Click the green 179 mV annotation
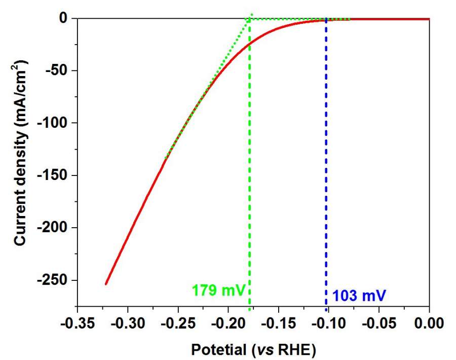pos(219,291)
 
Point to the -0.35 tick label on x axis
pos(77,322)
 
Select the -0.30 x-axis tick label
pos(127,322)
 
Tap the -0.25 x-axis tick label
pos(177,322)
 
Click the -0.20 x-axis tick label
pos(228,322)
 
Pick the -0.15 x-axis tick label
pos(278,322)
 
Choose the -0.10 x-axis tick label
pos(328,322)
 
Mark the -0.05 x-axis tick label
pos(379,322)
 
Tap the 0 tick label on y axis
pos(63,19)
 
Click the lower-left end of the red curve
pos(106,284)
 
